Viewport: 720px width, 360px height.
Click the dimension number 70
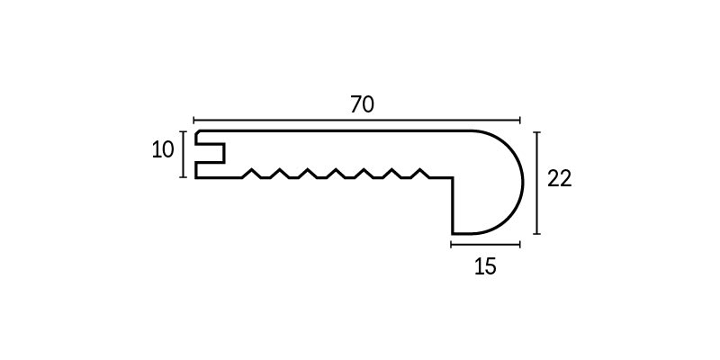pos(363,104)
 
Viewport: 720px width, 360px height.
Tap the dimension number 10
pos(163,149)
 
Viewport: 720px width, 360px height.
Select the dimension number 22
pos(560,178)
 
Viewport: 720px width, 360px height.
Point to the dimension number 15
pos(485,266)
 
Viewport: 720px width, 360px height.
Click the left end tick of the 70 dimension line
pos(193,121)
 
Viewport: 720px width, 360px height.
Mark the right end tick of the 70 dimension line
pos(520,121)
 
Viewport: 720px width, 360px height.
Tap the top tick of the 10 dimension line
pos(184,131)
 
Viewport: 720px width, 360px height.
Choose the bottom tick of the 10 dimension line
pos(184,176)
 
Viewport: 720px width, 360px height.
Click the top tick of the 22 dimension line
pos(536,132)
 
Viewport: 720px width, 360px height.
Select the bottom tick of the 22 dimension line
pos(536,234)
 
